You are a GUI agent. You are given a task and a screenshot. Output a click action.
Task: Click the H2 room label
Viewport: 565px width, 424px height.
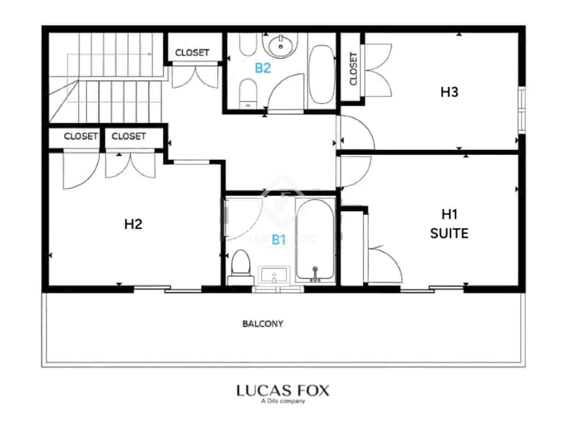[x=133, y=224]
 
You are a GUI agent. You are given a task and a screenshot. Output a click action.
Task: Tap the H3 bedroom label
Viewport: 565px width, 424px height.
[x=449, y=92]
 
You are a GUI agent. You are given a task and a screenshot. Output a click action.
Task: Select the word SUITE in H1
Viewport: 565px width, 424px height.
[x=449, y=233]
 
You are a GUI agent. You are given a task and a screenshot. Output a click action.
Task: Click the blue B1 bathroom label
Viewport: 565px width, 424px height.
[x=278, y=240]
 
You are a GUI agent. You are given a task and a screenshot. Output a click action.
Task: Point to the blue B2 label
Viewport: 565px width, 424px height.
[x=263, y=68]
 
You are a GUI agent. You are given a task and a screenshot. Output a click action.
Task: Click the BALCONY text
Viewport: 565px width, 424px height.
[x=263, y=324]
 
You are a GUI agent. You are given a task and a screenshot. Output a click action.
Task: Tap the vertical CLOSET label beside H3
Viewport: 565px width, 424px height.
[x=353, y=69]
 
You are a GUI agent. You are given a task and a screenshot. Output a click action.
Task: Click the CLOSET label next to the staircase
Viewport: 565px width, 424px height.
[x=192, y=53]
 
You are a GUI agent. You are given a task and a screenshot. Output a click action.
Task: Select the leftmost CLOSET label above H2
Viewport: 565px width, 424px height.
[x=81, y=136]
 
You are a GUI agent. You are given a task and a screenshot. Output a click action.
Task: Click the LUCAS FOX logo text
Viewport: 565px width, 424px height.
[x=282, y=390]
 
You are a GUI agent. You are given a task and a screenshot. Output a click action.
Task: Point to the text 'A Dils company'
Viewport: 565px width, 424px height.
[x=282, y=401]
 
